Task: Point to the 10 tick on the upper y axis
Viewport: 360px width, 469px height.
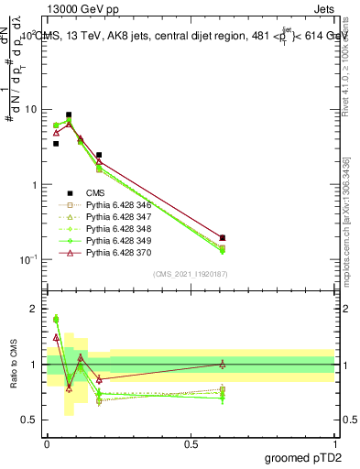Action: pyautogui.click(x=30, y=110)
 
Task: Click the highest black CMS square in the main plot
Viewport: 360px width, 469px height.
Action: pyautogui.click(x=70, y=115)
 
